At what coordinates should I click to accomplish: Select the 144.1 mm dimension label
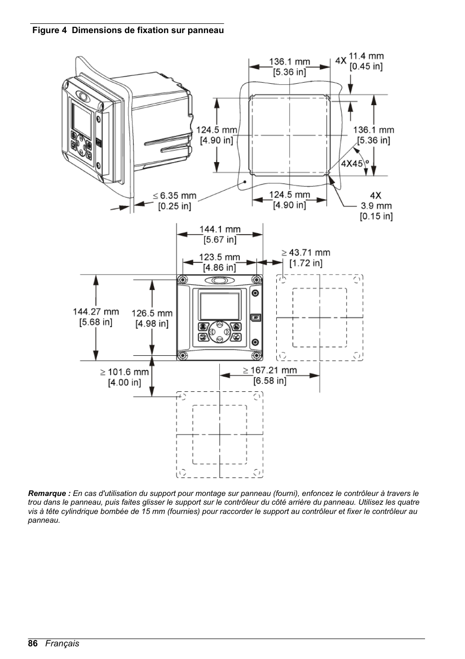(220, 234)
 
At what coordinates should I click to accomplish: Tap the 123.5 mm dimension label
(219, 262)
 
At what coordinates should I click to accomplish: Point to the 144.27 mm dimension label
(96, 316)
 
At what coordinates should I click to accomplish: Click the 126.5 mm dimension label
(152, 318)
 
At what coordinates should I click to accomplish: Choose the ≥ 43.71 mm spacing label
(306, 257)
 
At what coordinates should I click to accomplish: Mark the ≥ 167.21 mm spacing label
(270, 375)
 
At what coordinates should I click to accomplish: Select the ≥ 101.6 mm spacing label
(124, 377)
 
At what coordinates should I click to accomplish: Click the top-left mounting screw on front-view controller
(182, 280)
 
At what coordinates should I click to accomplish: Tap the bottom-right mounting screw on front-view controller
(256, 355)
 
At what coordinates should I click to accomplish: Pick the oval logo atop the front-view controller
(219, 280)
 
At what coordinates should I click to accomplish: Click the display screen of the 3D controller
(82, 117)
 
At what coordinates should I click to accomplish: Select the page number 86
(33, 643)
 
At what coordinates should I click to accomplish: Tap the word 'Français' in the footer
(62, 643)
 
